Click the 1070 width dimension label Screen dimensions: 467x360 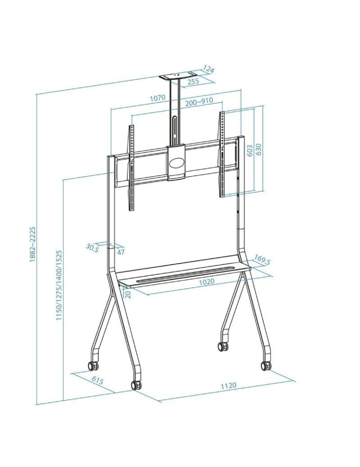point(158,98)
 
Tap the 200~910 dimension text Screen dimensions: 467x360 point(199,101)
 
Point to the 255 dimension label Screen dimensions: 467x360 point(193,81)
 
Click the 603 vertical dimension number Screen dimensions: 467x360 point(250,150)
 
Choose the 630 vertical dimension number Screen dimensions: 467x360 point(259,149)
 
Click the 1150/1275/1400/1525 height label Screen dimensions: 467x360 point(59,285)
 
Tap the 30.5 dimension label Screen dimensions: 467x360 point(92,248)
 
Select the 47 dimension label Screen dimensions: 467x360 point(121,252)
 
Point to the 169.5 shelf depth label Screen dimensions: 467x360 point(262,260)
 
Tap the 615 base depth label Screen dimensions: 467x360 point(97,381)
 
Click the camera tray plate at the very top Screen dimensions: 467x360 point(179,76)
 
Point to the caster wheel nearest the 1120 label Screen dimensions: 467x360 point(266,366)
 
